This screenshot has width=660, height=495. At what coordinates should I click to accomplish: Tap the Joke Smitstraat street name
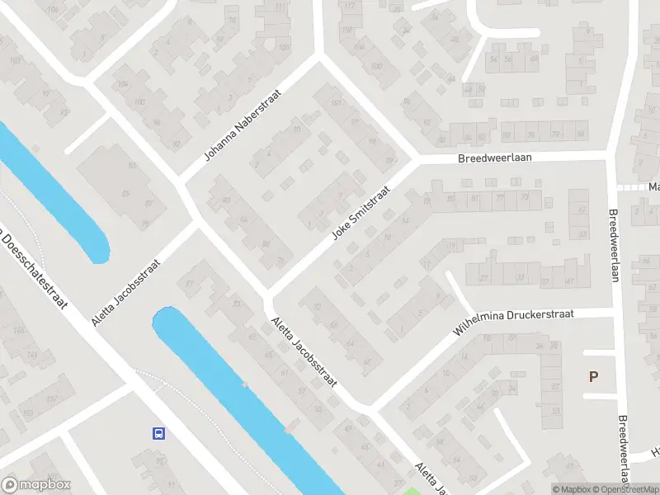click(360, 211)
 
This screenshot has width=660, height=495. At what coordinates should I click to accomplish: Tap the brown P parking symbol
click(593, 377)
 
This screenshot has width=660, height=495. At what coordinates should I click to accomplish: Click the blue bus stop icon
click(158, 433)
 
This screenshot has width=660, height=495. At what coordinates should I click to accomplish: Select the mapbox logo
click(35, 485)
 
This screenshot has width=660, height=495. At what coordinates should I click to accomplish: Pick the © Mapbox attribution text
click(571, 489)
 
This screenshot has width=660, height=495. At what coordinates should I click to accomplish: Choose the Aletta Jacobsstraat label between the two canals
click(125, 290)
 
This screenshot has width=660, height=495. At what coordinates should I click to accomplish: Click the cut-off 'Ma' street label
click(653, 187)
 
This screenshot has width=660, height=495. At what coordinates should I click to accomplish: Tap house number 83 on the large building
click(131, 166)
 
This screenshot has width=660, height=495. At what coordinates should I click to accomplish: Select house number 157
click(27, 412)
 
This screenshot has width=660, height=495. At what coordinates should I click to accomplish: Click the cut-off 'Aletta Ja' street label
click(431, 478)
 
